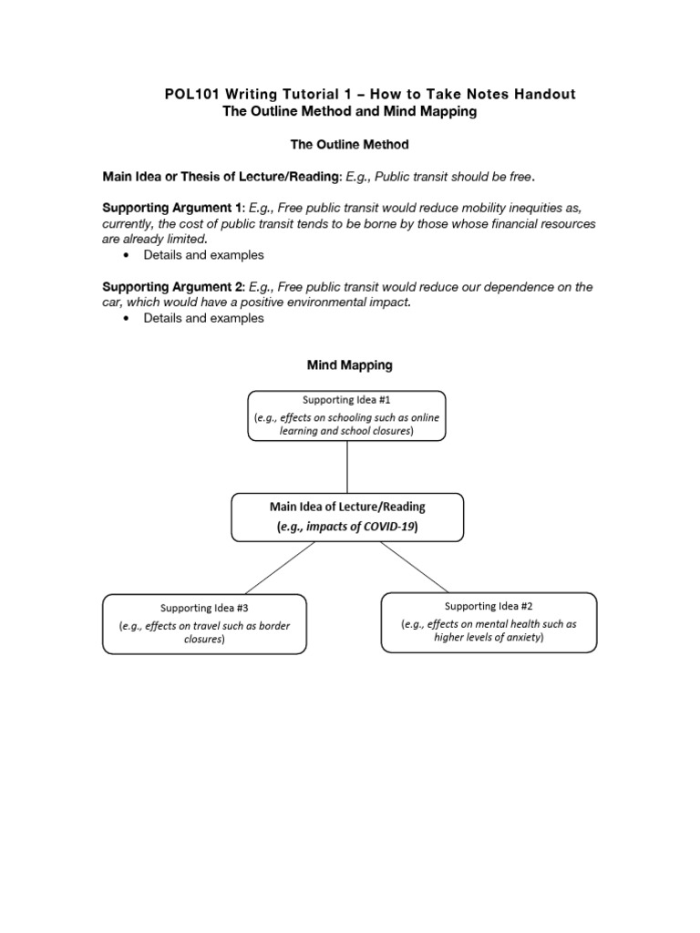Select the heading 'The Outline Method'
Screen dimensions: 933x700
tap(348, 144)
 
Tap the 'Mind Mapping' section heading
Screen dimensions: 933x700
tap(349, 364)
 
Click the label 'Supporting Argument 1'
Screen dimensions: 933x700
tap(172, 207)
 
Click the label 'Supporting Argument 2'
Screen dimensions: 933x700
tap(172, 287)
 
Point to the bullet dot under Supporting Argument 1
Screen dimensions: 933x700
tap(124, 255)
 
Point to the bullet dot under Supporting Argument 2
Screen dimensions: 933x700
tap(124, 318)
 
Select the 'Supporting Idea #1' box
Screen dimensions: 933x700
tap(347, 415)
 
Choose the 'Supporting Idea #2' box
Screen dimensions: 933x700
tap(489, 622)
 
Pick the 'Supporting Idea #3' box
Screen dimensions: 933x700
tap(204, 624)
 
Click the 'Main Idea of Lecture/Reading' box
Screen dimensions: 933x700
tap(347, 517)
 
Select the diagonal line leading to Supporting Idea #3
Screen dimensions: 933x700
tap(280, 567)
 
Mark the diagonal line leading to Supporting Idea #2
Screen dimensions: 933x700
tap(415, 566)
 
